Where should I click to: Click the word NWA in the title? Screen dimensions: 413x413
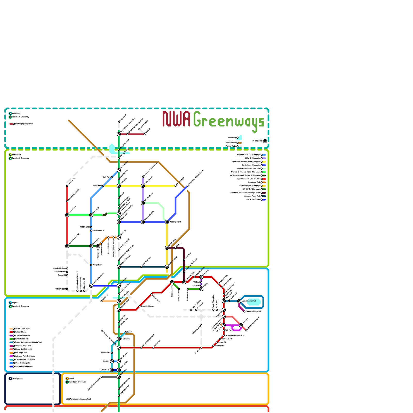[x=176, y=119]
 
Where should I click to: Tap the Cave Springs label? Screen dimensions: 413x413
[x=17, y=378]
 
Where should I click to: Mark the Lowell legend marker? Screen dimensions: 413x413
[x=67, y=379]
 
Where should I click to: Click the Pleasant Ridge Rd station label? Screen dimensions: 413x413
[x=253, y=311]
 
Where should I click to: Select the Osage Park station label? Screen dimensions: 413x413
[x=97, y=265]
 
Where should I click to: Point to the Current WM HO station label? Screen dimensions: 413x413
[x=99, y=231]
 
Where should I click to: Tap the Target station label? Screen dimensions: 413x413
[x=130, y=332]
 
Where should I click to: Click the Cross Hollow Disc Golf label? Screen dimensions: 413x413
[x=234, y=335]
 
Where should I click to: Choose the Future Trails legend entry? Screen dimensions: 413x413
[x=231, y=146]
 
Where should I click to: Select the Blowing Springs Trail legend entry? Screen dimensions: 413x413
[x=23, y=124]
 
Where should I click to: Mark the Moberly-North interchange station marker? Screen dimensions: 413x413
[x=167, y=222]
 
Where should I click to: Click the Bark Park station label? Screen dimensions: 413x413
[x=106, y=177]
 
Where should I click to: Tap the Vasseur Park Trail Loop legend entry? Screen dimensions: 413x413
[x=25, y=356]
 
